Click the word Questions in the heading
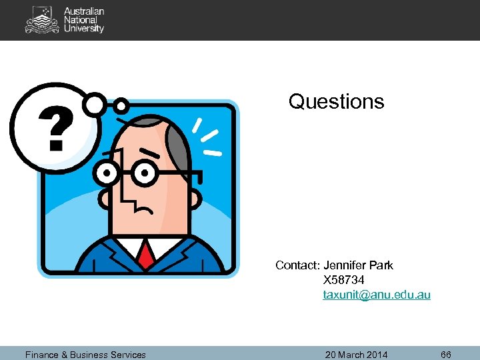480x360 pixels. click(x=336, y=101)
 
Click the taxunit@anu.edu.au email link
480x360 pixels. click(x=377, y=294)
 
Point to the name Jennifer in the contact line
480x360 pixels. click(x=345, y=265)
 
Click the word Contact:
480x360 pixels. click(x=297, y=265)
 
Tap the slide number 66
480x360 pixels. click(x=446, y=355)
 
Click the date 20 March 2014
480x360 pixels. click(x=356, y=355)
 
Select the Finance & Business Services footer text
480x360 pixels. click(x=85, y=355)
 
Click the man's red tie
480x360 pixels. click(x=147, y=253)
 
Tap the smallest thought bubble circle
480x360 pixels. click(x=121, y=105)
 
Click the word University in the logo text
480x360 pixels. click(x=84, y=29)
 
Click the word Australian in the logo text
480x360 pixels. click(x=84, y=11)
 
